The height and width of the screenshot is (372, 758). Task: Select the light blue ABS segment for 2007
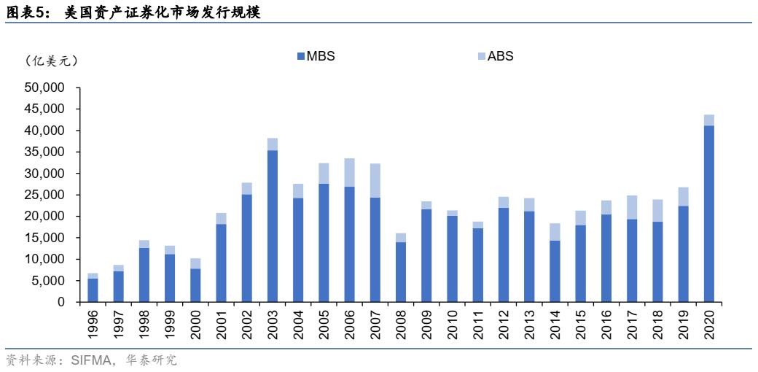(375, 180)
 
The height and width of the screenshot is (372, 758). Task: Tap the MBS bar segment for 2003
(272, 225)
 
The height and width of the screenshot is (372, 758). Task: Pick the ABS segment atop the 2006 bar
(350, 172)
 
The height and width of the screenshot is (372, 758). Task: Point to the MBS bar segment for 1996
(93, 290)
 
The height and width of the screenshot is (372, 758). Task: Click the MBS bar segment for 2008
(401, 271)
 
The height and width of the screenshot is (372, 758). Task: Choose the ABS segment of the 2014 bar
(555, 232)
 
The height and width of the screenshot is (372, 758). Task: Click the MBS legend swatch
(300, 56)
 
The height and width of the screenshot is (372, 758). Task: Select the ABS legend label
(501, 56)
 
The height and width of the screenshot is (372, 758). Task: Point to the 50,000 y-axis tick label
(45, 88)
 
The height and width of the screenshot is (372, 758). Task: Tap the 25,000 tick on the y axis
(45, 195)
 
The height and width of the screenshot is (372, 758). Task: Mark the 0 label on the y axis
(61, 302)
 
